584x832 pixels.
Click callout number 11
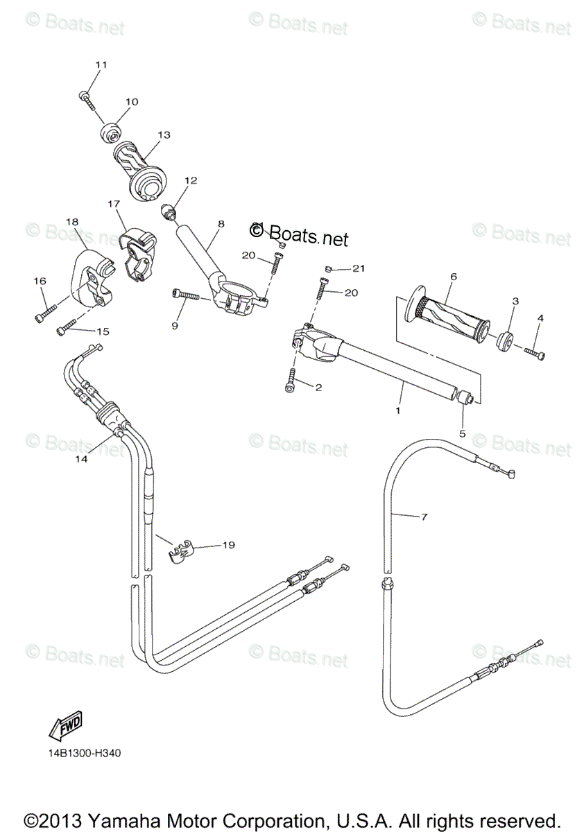click(x=101, y=64)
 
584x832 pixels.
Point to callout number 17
click(x=114, y=204)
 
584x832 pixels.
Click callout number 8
click(x=221, y=224)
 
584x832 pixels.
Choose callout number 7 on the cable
click(x=424, y=517)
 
